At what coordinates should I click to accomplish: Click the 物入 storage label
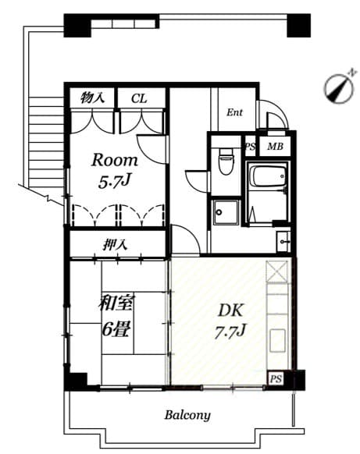tap(93, 98)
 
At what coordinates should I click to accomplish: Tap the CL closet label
tap(140, 98)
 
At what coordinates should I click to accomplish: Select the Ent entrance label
tap(235, 112)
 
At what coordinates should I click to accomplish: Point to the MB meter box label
tap(275, 146)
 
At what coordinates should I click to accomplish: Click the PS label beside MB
tap(251, 146)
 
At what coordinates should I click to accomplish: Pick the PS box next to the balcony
tap(275, 378)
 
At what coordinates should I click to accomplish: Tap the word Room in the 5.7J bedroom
tap(115, 161)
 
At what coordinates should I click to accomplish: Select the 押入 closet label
tap(116, 245)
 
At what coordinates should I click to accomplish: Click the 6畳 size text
tap(115, 328)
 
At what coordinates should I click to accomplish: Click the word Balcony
tap(187, 415)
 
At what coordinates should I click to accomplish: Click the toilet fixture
tap(226, 161)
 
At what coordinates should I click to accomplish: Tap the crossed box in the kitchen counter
tap(277, 272)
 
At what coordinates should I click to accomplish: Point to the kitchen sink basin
tap(278, 340)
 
